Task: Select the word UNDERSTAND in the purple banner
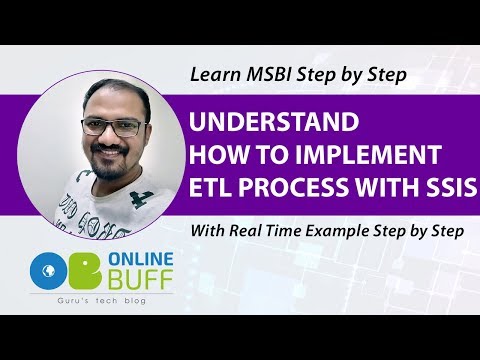coord(275,124)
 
